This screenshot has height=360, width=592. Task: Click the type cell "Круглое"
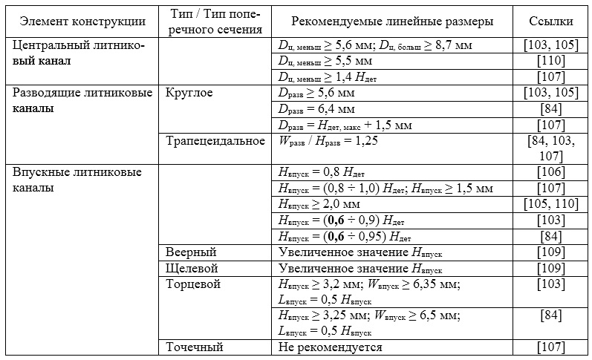pos(189,93)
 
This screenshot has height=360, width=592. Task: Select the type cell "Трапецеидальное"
pos(215,141)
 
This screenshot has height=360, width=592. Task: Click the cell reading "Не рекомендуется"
pos(331,347)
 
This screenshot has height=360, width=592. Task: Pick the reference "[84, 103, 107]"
pos(550,148)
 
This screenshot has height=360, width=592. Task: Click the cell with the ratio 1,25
pos(328,141)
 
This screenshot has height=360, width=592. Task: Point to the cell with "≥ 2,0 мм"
pos(320,205)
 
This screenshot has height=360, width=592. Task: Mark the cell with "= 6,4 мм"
pos(315,108)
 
